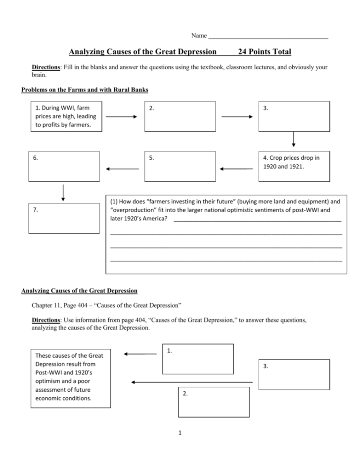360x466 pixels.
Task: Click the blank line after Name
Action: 269,37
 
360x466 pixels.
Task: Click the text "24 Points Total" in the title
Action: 265,51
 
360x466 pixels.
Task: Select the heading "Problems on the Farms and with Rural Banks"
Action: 85,90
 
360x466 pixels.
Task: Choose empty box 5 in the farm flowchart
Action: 180,166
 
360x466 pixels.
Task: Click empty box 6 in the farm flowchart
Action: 64,166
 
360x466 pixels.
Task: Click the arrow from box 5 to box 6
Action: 122,169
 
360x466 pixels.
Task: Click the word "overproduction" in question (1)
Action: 131,210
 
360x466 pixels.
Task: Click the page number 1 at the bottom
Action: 180,434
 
